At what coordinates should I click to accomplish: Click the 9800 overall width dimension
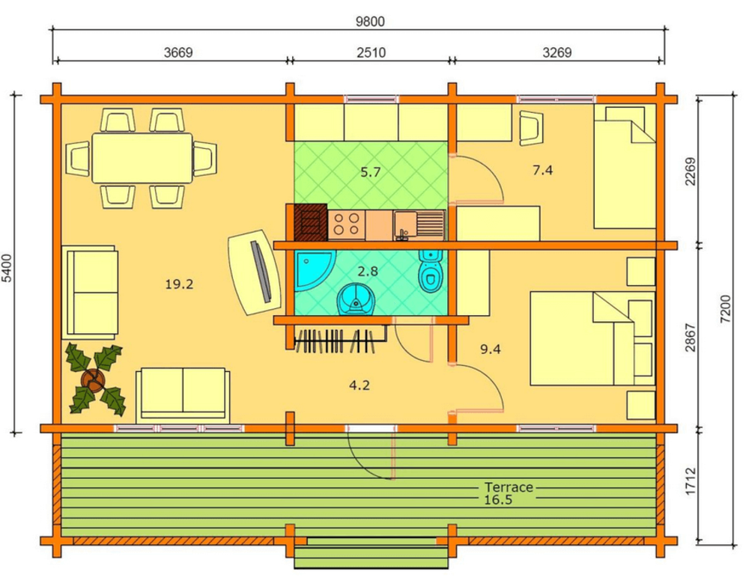click(x=370, y=22)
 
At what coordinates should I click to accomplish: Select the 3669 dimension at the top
click(x=178, y=52)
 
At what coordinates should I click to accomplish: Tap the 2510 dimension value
click(x=372, y=52)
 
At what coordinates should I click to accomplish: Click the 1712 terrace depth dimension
click(x=691, y=481)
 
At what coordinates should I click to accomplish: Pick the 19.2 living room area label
click(x=179, y=284)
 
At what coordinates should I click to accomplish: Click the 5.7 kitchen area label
click(x=370, y=172)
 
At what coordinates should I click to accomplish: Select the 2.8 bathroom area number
click(x=368, y=271)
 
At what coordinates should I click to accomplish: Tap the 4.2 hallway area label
click(x=360, y=385)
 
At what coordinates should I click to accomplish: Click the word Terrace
click(x=509, y=487)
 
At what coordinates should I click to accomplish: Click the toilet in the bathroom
click(x=431, y=271)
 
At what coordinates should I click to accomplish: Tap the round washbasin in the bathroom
click(x=356, y=299)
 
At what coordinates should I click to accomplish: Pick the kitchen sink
click(x=419, y=225)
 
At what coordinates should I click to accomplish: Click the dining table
click(x=142, y=158)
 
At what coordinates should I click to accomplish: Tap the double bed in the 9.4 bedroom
click(x=592, y=338)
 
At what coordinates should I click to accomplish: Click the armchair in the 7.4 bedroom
click(x=530, y=128)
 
